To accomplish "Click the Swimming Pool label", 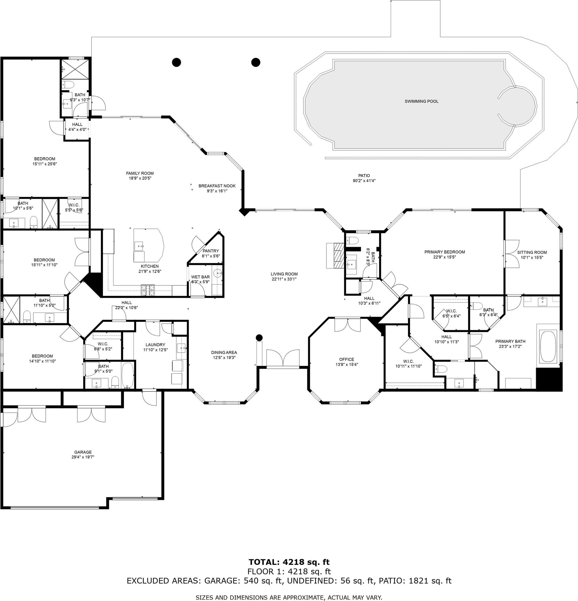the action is pos(421,101).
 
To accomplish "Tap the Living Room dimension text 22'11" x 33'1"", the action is pos(284,279).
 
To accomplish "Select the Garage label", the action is pos(83,452).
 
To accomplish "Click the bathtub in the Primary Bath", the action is pos(548,346).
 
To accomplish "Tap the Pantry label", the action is pos(211,251).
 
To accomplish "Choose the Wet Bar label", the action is pos(200,277).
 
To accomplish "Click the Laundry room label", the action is pos(155,345).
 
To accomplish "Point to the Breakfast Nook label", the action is pos(217,186).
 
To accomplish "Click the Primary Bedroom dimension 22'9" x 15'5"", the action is pos(444,257).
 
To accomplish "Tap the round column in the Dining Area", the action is pos(259,338).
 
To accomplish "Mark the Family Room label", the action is pos(140,173).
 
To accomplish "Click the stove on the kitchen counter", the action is pos(148,290).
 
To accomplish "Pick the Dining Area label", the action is pos(224,352).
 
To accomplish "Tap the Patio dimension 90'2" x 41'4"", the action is pos(364,180).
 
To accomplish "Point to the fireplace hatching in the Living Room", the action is pos(338,255).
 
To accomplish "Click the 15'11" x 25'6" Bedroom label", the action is pos(45,159).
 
